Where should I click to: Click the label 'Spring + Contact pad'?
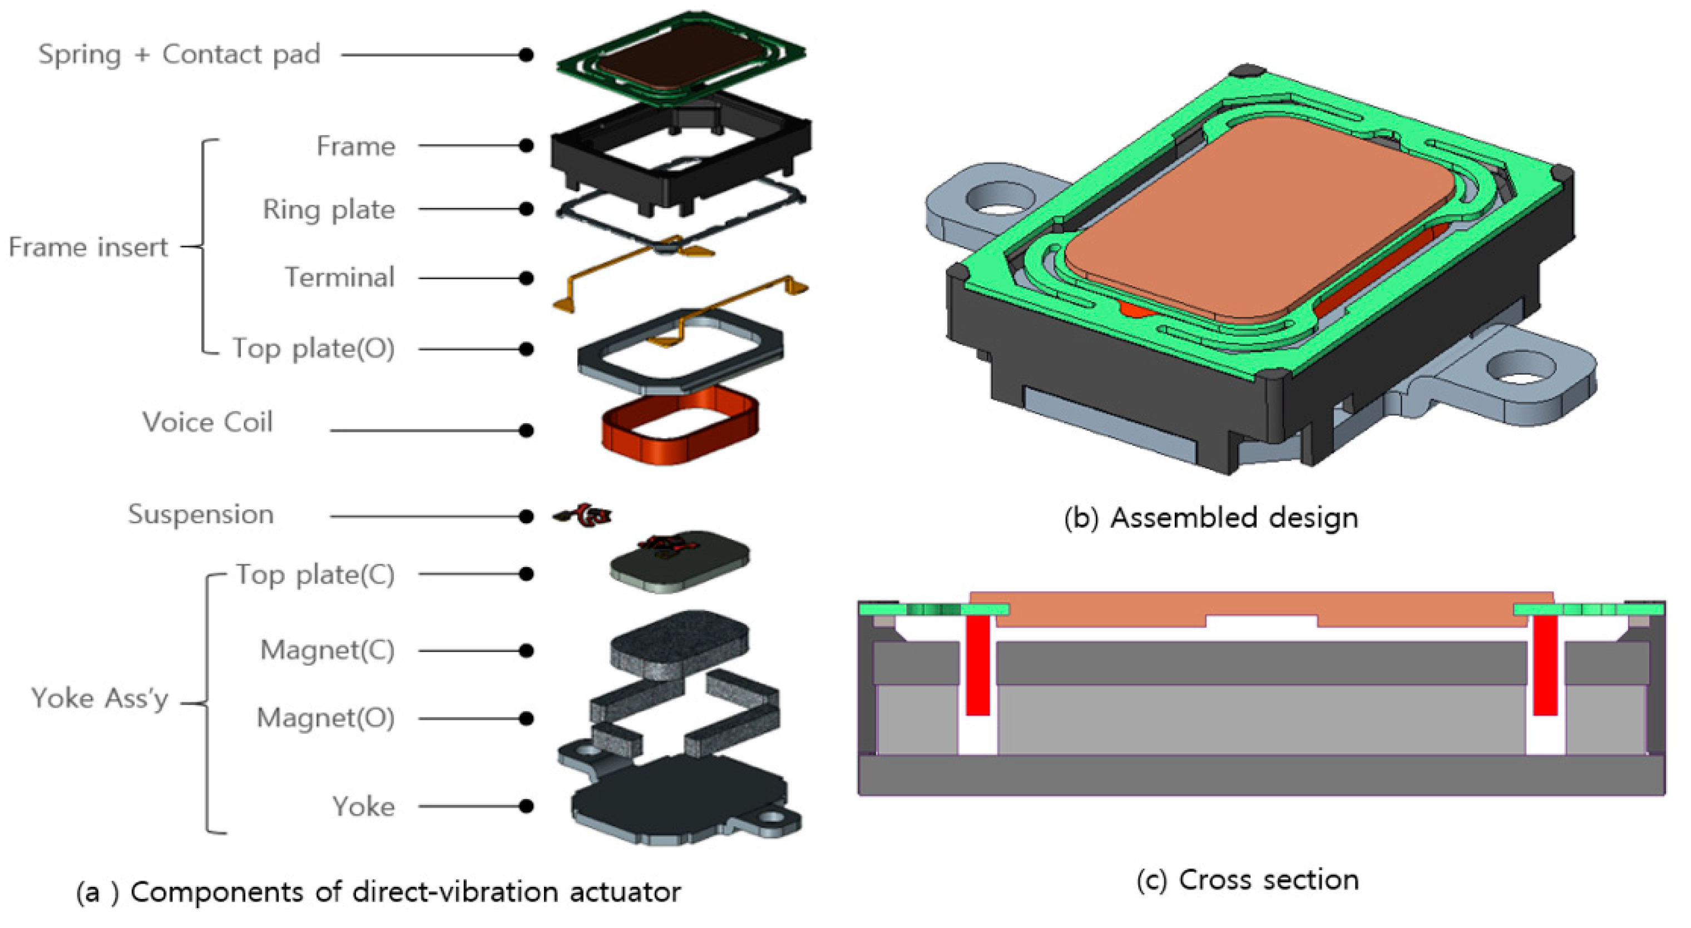[179, 54]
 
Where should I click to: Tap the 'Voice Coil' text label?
[207, 422]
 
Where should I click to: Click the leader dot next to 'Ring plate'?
[526, 209]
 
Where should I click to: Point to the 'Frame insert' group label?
[88, 247]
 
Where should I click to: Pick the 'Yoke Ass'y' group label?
[100, 698]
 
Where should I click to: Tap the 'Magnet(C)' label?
[327, 651]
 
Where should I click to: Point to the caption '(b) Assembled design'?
[1210, 518]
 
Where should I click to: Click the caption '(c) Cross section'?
[1247, 880]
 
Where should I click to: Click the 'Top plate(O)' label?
[314, 349]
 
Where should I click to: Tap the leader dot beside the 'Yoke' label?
[526, 806]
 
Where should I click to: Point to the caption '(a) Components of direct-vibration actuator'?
[378, 892]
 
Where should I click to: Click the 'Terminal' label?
[339, 277]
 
